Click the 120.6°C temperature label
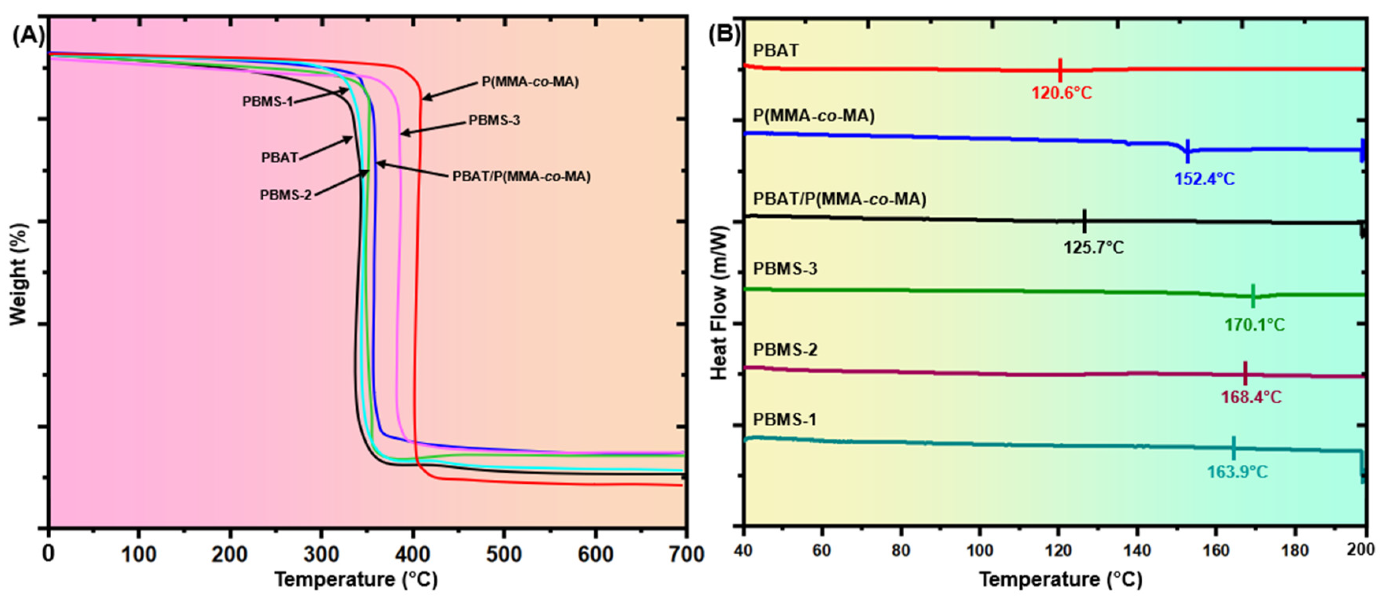point(1061,93)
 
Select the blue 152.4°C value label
point(1204,178)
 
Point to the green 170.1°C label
point(1255,325)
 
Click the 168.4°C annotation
point(1251,397)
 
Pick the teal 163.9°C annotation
point(1237,472)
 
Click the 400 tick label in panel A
point(413,554)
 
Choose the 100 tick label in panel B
point(979,550)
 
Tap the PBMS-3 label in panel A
point(494,120)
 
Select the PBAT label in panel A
point(279,158)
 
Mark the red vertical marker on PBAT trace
point(1060,69)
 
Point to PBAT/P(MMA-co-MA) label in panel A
point(521,177)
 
